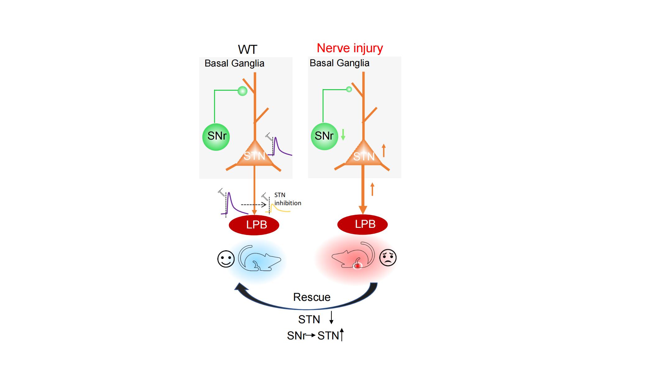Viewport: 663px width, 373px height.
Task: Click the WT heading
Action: [247, 49]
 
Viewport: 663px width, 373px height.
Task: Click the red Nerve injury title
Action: [350, 48]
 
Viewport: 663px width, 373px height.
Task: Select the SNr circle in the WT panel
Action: [216, 137]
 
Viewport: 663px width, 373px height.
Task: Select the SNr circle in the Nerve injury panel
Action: [324, 136]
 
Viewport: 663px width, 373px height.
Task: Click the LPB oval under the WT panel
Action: [254, 225]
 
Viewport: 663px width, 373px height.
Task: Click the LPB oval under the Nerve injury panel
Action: [362, 224]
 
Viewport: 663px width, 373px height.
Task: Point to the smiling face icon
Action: [226, 259]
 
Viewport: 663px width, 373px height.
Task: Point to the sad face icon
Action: [388, 257]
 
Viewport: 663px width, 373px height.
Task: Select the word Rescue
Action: [312, 297]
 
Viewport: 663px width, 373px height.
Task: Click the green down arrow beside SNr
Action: [343, 135]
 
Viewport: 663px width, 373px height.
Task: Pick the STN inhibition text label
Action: [287, 199]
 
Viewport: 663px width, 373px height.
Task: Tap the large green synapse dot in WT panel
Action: [242, 91]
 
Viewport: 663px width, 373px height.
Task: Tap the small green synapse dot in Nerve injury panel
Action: [349, 90]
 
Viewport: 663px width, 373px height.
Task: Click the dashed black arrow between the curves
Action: [254, 205]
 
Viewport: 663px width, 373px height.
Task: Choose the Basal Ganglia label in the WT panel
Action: [234, 63]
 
